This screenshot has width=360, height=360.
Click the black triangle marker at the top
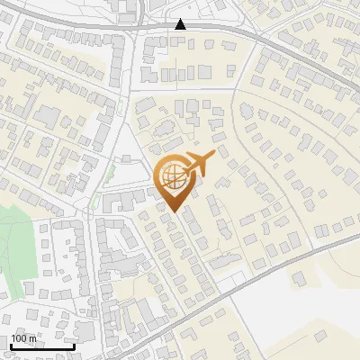[181, 24]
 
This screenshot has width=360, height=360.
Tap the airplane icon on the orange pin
[199, 165]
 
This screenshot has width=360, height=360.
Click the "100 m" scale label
[24, 338]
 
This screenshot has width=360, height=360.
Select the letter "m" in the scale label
[32, 338]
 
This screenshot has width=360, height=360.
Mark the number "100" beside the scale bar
[20, 338]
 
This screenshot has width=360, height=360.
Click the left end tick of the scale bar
[10, 345]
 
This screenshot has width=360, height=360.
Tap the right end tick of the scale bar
[74, 345]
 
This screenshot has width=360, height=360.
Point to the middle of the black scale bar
[41, 346]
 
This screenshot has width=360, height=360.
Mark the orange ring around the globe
[157, 176]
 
